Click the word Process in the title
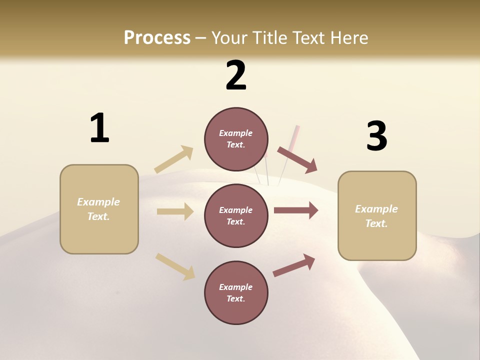click(157, 37)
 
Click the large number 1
click(99, 128)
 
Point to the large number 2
click(236, 75)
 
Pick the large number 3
click(376, 136)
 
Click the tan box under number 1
click(99, 209)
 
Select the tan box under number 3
click(377, 215)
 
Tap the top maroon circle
click(236, 139)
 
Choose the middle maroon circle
click(236, 215)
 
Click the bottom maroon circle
click(236, 292)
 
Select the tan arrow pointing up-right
click(174, 159)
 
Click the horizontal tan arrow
click(175, 211)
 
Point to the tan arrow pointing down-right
click(175, 266)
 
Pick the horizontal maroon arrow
click(296, 210)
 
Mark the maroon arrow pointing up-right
click(294, 265)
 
